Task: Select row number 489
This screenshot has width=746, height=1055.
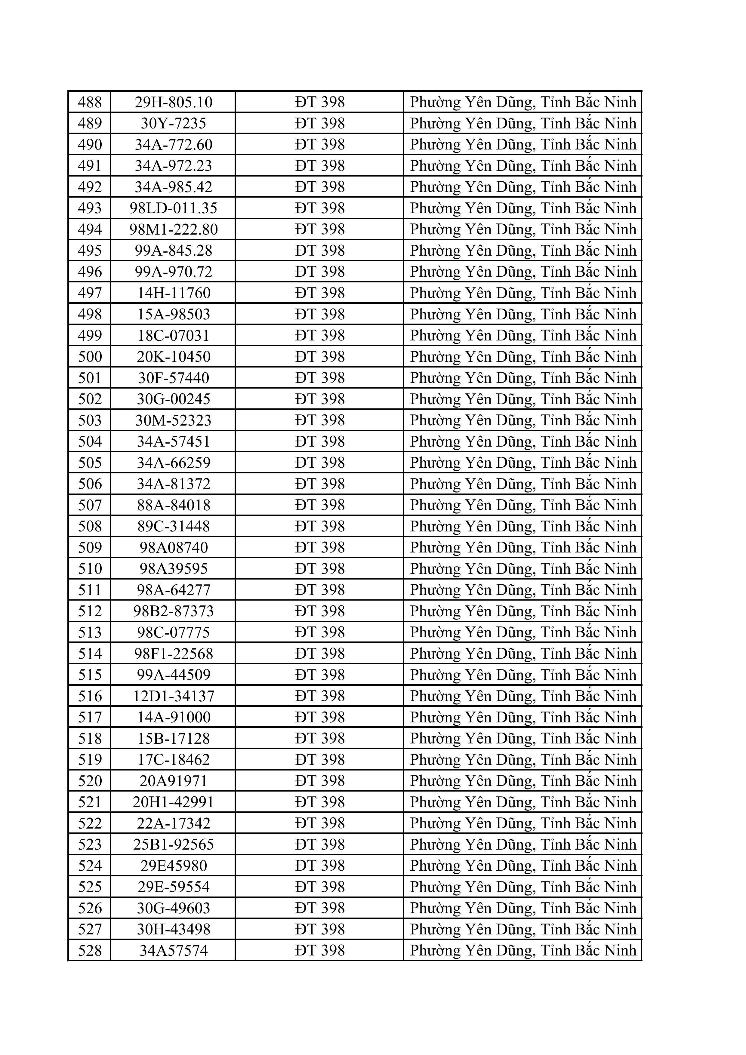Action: pos(90,123)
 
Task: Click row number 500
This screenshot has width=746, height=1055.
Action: pos(90,357)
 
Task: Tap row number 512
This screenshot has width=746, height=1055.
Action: pos(90,611)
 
